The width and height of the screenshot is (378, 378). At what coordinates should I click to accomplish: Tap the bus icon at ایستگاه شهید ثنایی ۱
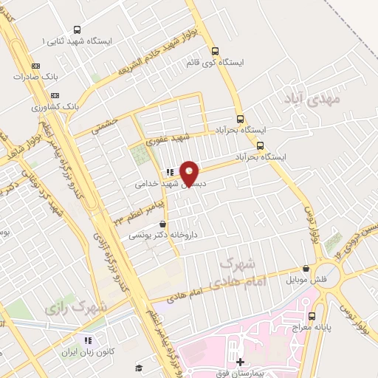78,30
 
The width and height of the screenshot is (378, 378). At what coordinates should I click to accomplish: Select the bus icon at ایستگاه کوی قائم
215,51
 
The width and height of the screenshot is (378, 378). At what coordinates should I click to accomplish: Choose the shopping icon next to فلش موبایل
306,269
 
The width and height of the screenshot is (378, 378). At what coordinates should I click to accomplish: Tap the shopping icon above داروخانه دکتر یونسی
162,224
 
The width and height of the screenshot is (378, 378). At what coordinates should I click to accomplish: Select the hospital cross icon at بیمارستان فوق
240,362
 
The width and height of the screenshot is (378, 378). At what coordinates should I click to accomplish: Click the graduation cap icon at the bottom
138,368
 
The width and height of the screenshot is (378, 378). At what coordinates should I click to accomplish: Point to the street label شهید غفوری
168,137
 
